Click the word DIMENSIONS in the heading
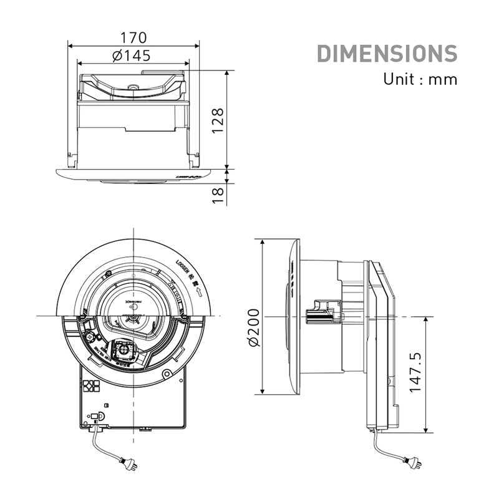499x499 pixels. pyautogui.click(x=387, y=54)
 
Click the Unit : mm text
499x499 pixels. pyautogui.click(x=420, y=79)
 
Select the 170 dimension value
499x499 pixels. pyautogui.click(x=133, y=36)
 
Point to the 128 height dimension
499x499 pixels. pyautogui.click(x=216, y=120)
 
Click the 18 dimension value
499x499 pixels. pyautogui.click(x=216, y=194)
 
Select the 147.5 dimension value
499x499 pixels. pyautogui.click(x=415, y=372)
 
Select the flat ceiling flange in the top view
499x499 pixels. pyautogui.click(x=134, y=175)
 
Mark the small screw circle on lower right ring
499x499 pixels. pyautogui.click(x=165, y=374)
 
